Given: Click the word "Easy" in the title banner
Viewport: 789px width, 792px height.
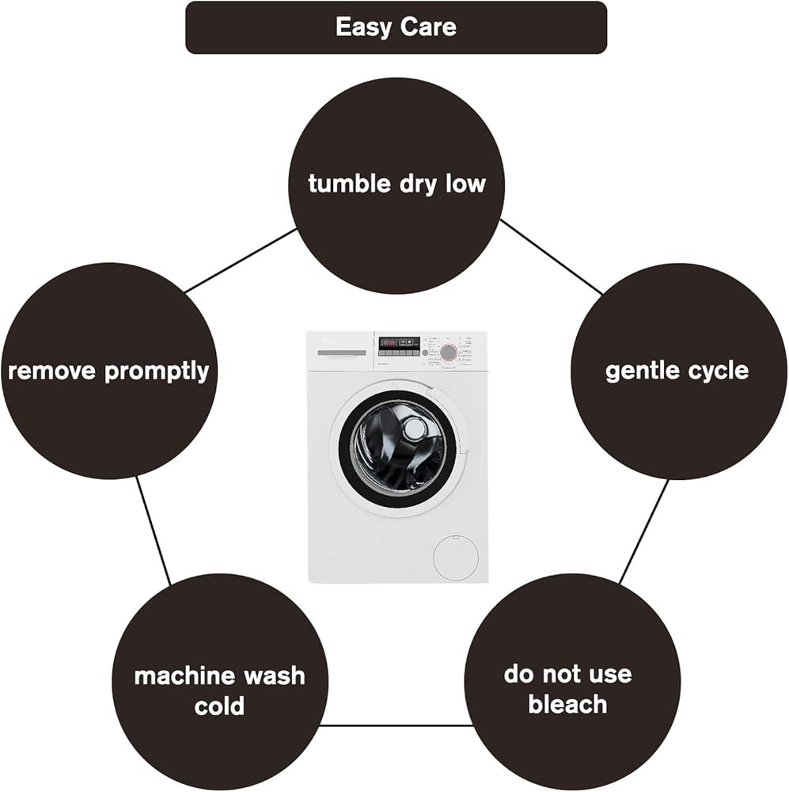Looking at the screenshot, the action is (x=364, y=28).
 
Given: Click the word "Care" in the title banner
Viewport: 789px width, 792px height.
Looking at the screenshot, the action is (x=429, y=27).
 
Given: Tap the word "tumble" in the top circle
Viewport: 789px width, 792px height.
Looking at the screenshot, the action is (x=350, y=183).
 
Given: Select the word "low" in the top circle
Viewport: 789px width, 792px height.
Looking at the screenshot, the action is (x=465, y=183).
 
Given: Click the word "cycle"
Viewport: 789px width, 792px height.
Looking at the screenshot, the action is (x=717, y=371).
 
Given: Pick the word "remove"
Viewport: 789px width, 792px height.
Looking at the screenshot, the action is (x=52, y=372).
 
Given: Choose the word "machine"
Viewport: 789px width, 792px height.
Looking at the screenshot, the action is (x=176, y=676).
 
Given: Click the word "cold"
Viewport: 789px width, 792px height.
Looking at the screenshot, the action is (x=219, y=706).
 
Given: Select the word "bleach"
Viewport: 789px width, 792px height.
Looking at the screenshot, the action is (x=567, y=704).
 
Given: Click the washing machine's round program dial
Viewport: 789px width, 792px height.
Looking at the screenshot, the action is (x=448, y=352).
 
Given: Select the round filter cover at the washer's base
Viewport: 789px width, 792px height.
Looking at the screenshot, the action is (x=456, y=558).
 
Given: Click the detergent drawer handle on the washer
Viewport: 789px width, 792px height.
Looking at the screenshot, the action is (x=342, y=352).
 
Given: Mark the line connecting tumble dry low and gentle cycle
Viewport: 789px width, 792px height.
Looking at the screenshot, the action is (x=551, y=257).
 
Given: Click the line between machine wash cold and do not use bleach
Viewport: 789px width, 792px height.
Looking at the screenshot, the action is (x=396, y=725).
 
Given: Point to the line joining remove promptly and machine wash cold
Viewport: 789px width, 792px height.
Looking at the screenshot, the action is (x=153, y=531).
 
